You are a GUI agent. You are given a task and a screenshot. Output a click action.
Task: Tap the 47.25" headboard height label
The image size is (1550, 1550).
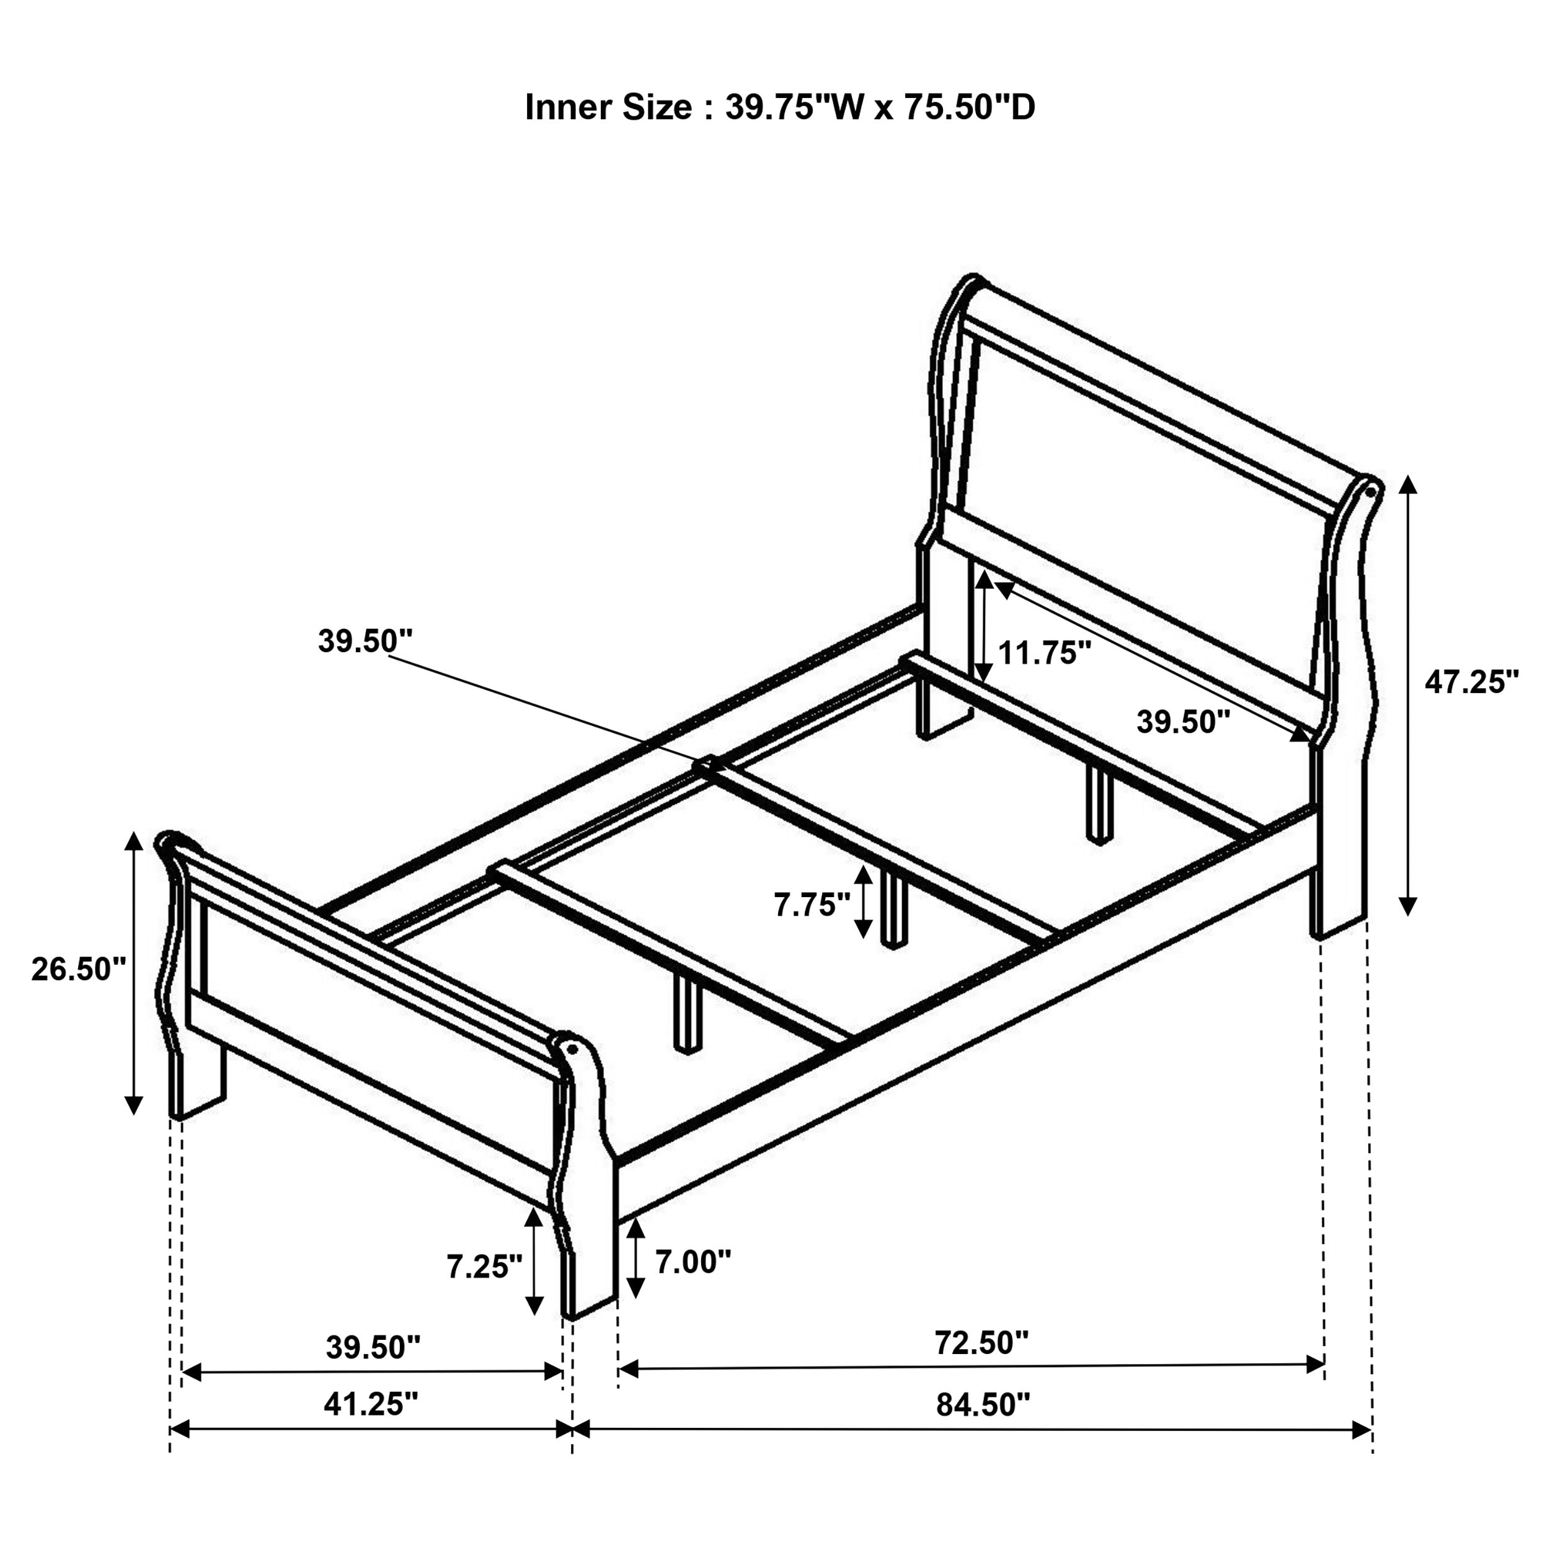point(1471,682)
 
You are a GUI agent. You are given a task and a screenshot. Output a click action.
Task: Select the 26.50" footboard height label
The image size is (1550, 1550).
point(79,969)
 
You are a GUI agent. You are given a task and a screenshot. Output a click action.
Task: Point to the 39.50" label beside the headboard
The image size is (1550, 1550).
point(1182,722)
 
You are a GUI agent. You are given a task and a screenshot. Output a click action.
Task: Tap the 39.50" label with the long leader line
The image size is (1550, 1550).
point(365,641)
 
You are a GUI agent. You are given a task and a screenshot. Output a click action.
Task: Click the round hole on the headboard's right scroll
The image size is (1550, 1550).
point(1370,489)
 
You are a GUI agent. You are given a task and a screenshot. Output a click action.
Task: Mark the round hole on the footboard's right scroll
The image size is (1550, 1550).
point(572,1048)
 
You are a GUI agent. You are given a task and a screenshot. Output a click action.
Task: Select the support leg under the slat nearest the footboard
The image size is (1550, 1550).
point(688,1012)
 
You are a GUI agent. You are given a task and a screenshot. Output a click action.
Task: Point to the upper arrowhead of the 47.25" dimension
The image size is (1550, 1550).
point(1408,484)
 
